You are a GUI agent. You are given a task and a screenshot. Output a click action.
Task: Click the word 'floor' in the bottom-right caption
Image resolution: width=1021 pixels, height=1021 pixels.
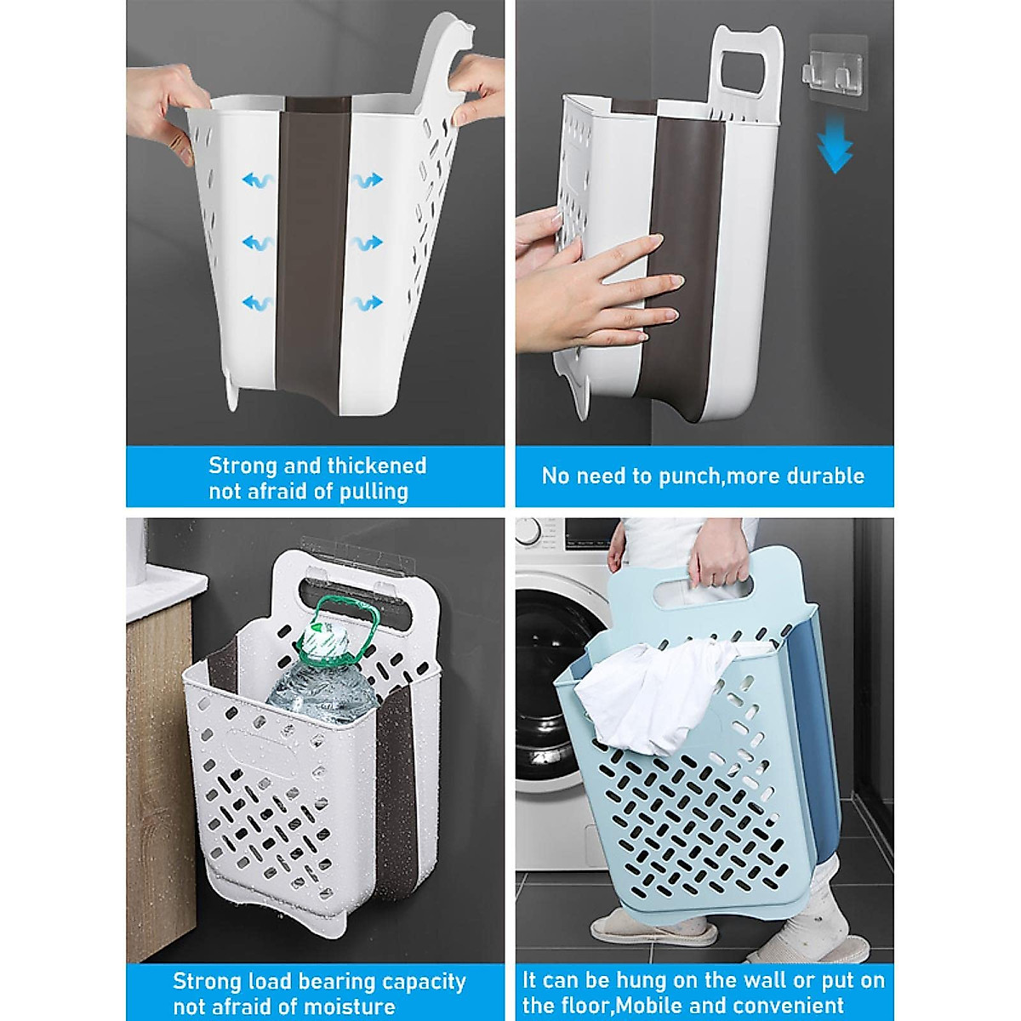585,1006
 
